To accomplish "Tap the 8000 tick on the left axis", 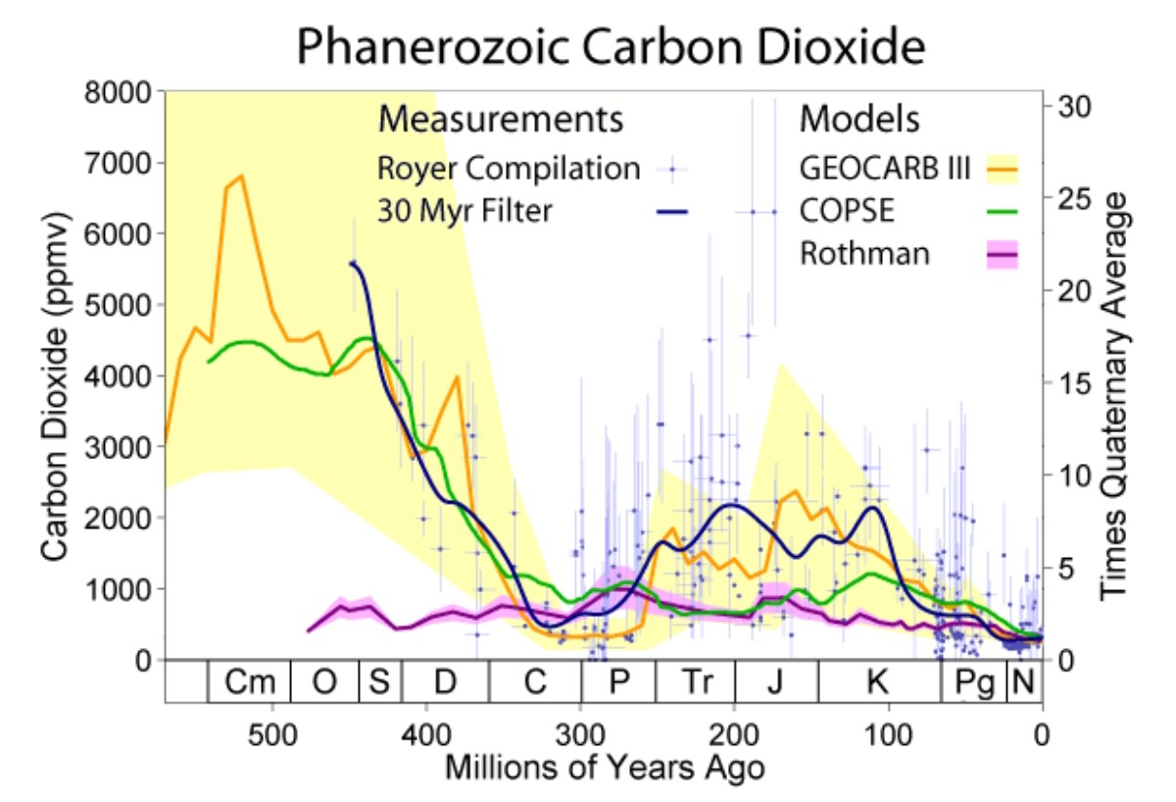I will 117,92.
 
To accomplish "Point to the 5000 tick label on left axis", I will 117,305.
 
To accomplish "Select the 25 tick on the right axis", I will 1070,198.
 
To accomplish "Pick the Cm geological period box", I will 249,682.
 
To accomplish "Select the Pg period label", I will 973,682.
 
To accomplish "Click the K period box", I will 877,682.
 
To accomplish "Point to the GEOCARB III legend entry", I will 885,169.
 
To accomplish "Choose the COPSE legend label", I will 844,211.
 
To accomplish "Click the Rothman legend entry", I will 864,254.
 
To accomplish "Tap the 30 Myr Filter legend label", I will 465,211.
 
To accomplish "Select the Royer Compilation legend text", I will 509,169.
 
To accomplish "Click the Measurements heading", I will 501,120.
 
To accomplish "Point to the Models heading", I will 859,120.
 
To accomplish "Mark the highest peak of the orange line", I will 241,175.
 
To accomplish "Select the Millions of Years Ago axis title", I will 605,767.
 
